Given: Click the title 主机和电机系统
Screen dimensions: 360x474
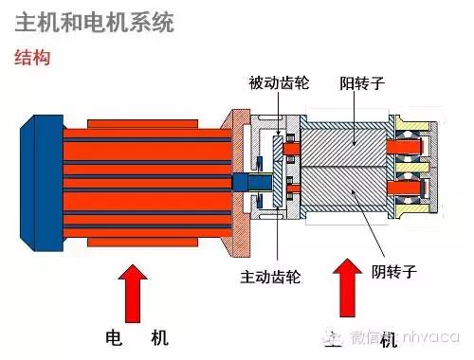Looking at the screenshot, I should click(95, 22).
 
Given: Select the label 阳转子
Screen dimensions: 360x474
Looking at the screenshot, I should click(361, 82).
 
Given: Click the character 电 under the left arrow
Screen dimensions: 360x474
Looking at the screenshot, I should click(113, 336).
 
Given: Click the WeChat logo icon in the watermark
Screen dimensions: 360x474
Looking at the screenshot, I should click(334, 336).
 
